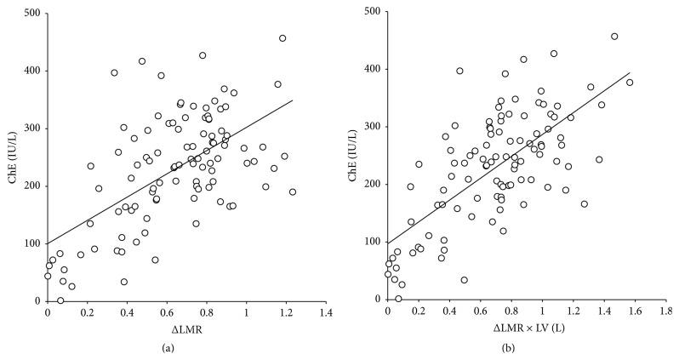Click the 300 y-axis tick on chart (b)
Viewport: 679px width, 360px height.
point(373,127)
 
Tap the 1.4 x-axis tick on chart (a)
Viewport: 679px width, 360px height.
point(325,313)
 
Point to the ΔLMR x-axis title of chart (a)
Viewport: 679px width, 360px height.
point(185,328)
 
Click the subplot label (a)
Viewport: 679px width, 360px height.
point(185,348)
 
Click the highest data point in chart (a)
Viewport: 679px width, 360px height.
point(282,38)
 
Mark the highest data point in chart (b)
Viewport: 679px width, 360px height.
point(614,37)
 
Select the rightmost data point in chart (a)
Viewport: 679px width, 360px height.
point(293,192)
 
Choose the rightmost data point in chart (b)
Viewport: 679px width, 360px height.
point(630,83)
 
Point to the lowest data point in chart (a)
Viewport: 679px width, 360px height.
point(60,300)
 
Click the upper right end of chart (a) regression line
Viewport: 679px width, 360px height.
point(293,100)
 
